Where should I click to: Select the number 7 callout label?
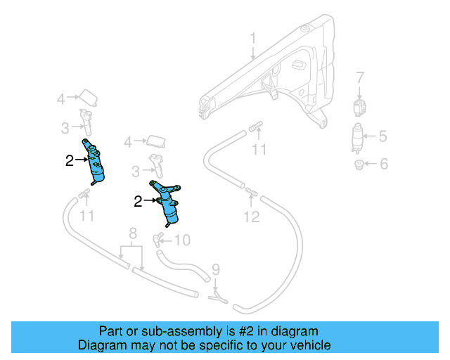[360, 77]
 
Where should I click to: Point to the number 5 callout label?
[382, 136]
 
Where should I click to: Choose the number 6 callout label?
[383, 165]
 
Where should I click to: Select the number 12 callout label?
[252, 217]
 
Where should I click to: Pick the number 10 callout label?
[181, 240]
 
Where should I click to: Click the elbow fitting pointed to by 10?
[160, 237]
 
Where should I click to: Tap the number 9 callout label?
[216, 269]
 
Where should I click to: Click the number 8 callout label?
[131, 233]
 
